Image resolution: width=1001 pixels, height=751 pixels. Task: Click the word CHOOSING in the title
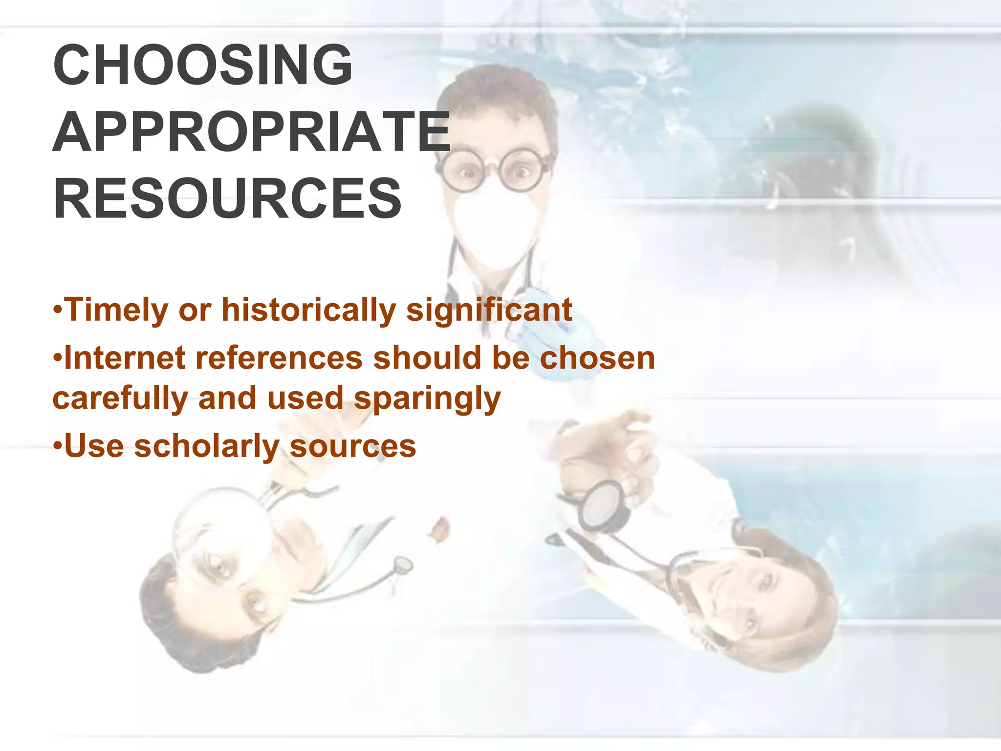[x=202, y=65]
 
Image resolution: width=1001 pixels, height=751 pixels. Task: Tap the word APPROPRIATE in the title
[x=251, y=132]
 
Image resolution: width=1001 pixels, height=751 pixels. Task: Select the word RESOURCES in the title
[x=227, y=199]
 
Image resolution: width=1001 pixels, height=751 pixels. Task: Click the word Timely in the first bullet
[x=116, y=310]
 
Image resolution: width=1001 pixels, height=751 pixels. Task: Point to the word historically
[x=308, y=310]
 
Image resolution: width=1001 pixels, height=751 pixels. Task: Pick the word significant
[x=489, y=310]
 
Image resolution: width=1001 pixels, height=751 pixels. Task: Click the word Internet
[x=125, y=357]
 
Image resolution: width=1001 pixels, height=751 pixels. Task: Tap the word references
[x=279, y=357]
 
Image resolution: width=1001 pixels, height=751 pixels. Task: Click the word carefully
[x=120, y=398]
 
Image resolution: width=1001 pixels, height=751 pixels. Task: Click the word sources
[x=353, y=446]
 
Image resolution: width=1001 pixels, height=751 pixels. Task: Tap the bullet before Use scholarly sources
[x=58, y=446]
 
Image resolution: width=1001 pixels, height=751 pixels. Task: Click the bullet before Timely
[x=58, y=309]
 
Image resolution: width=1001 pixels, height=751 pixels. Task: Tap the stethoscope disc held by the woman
[x=602, y=506]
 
